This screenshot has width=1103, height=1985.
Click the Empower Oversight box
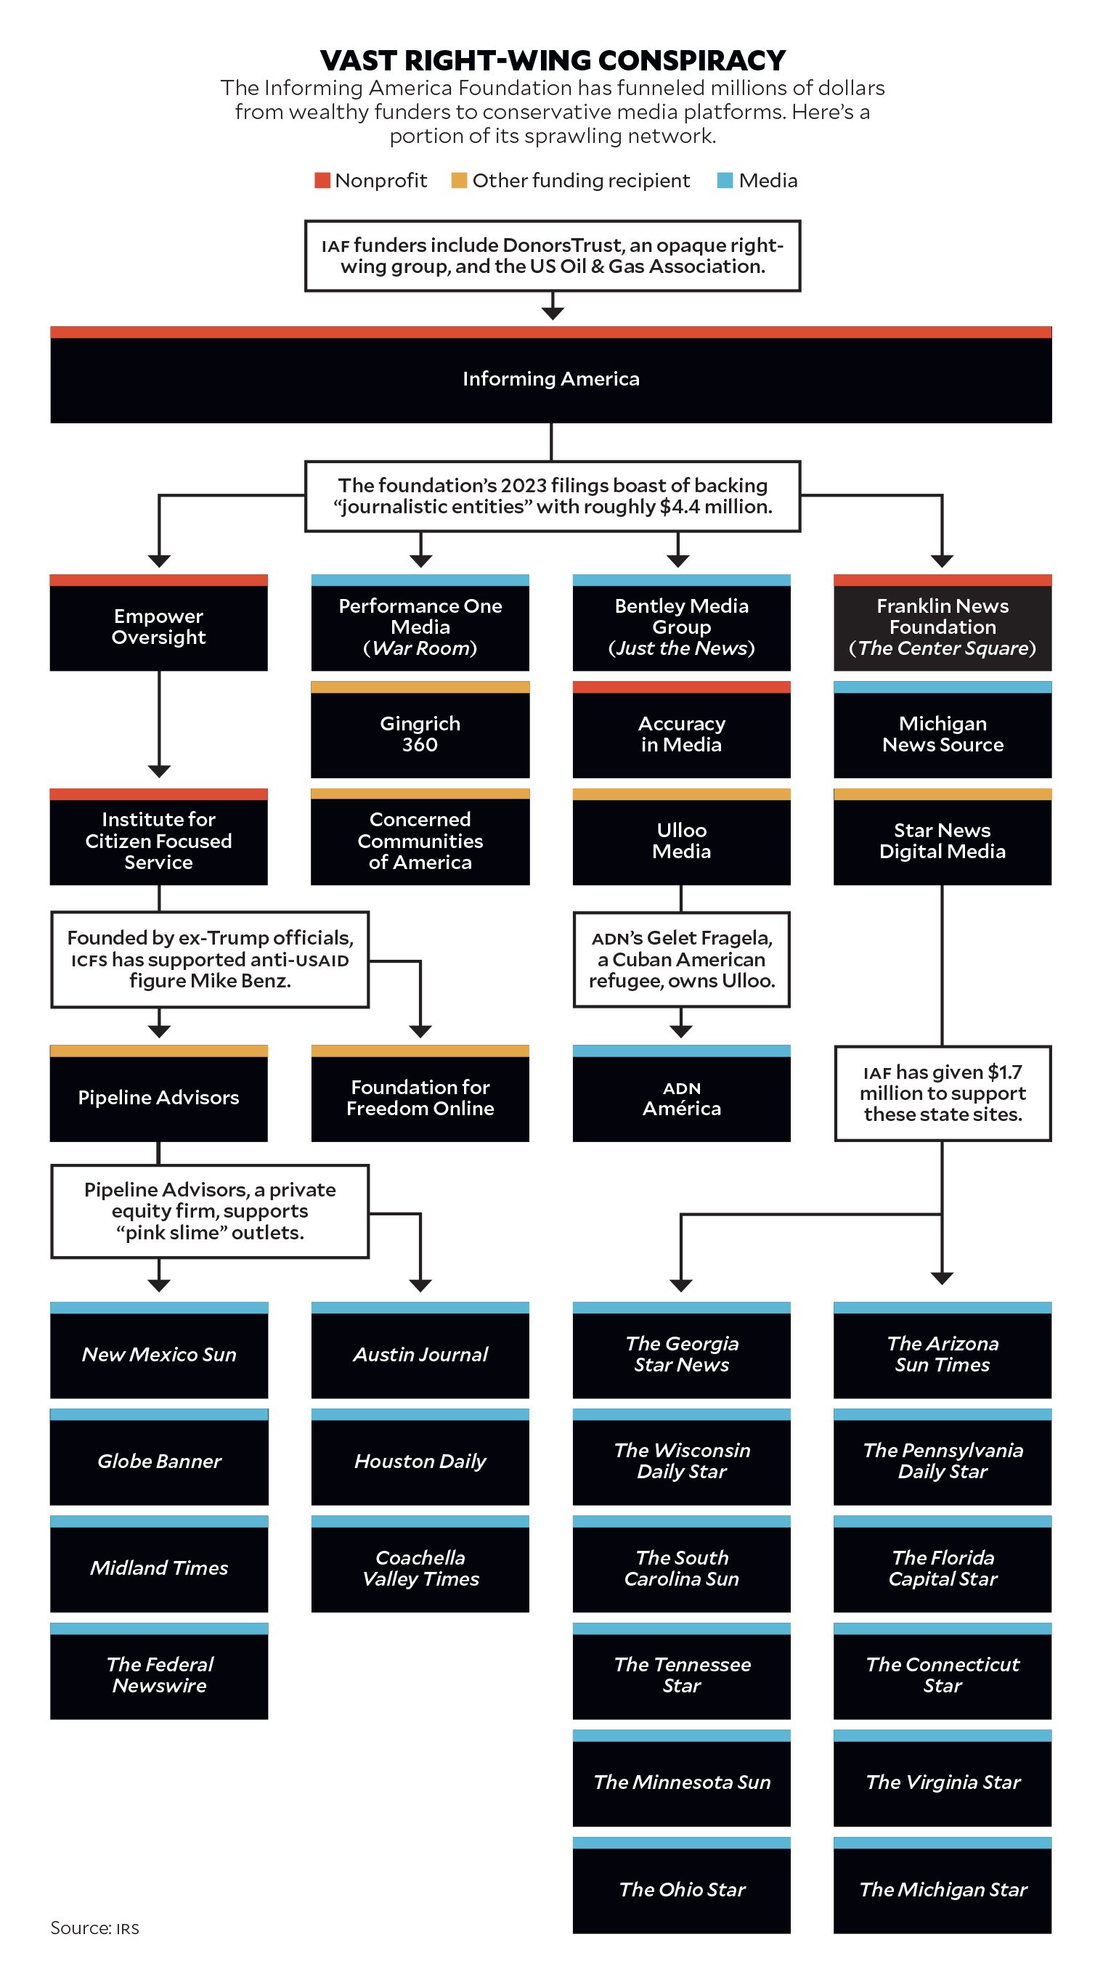click(158, 627)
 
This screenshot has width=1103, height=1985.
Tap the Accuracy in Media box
click(680, 733)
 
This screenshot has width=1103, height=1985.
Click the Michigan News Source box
click(942, 733)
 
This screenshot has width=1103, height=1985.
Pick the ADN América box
click(680, 1098)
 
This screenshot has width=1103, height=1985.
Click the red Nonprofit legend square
click(322, 180)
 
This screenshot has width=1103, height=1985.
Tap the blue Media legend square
click(725, 180)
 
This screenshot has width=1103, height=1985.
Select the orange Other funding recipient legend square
click(459, 180)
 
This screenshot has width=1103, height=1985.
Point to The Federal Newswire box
click(159, 1675)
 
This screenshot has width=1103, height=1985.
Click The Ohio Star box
click(680, 1889)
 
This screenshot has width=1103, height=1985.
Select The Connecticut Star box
click(942, 1675)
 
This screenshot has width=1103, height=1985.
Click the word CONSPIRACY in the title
click(691, 60)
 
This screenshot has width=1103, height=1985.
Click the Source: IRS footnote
click(95, 1928)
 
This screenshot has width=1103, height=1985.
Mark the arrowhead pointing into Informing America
click(552, 313)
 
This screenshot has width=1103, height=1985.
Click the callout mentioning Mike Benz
click(210, 959)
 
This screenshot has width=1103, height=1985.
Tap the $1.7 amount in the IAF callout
click(1004, 1072)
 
